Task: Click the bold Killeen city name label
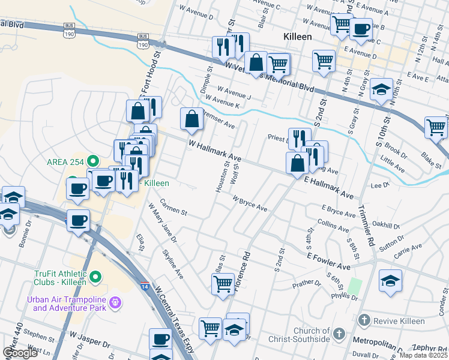click(297, 37)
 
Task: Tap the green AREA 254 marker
click(92, 161)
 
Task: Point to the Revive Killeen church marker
click(362, 320)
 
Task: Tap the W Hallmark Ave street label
click(215, 151)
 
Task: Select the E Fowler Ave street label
click(328, 261)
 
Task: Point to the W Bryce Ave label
click(249, 203)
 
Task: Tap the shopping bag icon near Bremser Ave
click(191, 119)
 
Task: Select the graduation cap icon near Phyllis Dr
click(390, 280)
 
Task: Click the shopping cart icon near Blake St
click(436, 127)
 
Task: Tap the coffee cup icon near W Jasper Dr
click(160, 340)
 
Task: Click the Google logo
click(20, 353)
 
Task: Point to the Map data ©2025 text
click(424, 355)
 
